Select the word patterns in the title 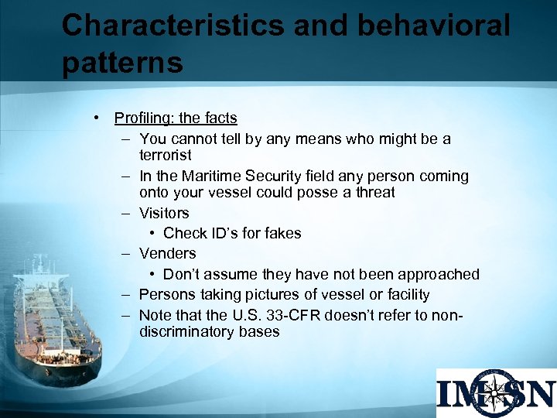pos(122,63)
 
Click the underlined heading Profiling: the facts pos(176,118)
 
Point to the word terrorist pos(165,156)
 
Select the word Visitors pos(164,213)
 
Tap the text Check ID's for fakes pos(232,233)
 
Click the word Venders pos(167,253)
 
